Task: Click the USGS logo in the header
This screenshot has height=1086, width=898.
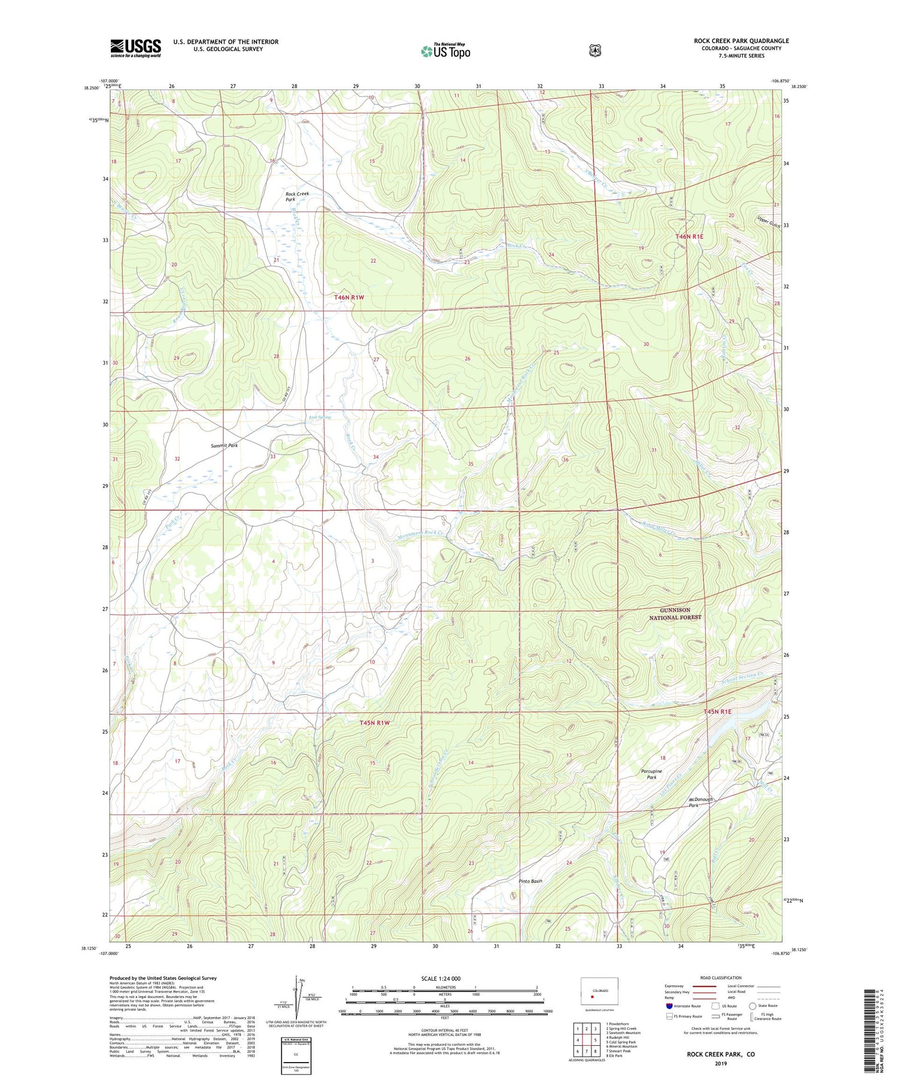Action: point(135,48)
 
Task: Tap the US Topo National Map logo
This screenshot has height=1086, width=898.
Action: point(445,50)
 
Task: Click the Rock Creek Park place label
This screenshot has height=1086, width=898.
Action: point(297,197)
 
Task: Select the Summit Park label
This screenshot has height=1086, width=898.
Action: point(224,446)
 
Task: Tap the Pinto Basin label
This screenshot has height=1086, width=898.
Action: point(530,881)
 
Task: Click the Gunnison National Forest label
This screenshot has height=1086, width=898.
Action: point(675,613)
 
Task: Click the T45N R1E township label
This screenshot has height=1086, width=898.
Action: point(717,712)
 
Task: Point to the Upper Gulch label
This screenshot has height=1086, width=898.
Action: point(769,222)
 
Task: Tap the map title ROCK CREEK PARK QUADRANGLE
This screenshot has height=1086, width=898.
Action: point(741,41)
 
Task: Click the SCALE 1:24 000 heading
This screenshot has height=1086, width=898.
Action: point(441,978)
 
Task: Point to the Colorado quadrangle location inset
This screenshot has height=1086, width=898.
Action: point(599,991)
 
